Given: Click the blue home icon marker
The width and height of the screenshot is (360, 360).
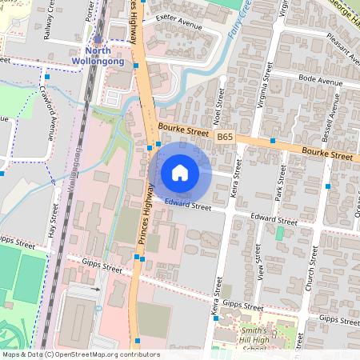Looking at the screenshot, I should point(180,172).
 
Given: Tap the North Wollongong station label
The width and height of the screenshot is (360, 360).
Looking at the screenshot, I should point(98,54).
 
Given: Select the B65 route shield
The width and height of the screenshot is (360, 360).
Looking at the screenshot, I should point(225,138).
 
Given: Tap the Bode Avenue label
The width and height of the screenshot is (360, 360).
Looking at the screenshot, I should point(320,81).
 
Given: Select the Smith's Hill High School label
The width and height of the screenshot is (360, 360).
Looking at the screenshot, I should point(254,339).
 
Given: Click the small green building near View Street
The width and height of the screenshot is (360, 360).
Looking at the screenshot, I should point(279,233).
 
